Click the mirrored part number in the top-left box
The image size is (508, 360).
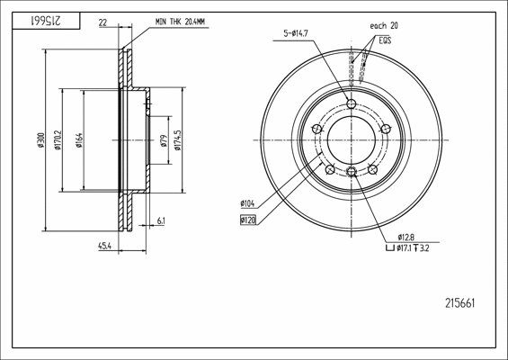click(46, 21)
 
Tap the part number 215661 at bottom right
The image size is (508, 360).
click(460, 303)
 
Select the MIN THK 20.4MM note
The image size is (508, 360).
click(180, 22)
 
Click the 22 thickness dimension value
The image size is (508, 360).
click(102, 22)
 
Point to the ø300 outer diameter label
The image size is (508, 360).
click(40, 140)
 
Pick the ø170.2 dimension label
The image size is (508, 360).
click(58, 140)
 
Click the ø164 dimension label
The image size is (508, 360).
click(79, 140)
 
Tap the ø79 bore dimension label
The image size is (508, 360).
click(164, 140)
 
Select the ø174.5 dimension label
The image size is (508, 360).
click(177, 140)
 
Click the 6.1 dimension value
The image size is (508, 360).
click(161, 221)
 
